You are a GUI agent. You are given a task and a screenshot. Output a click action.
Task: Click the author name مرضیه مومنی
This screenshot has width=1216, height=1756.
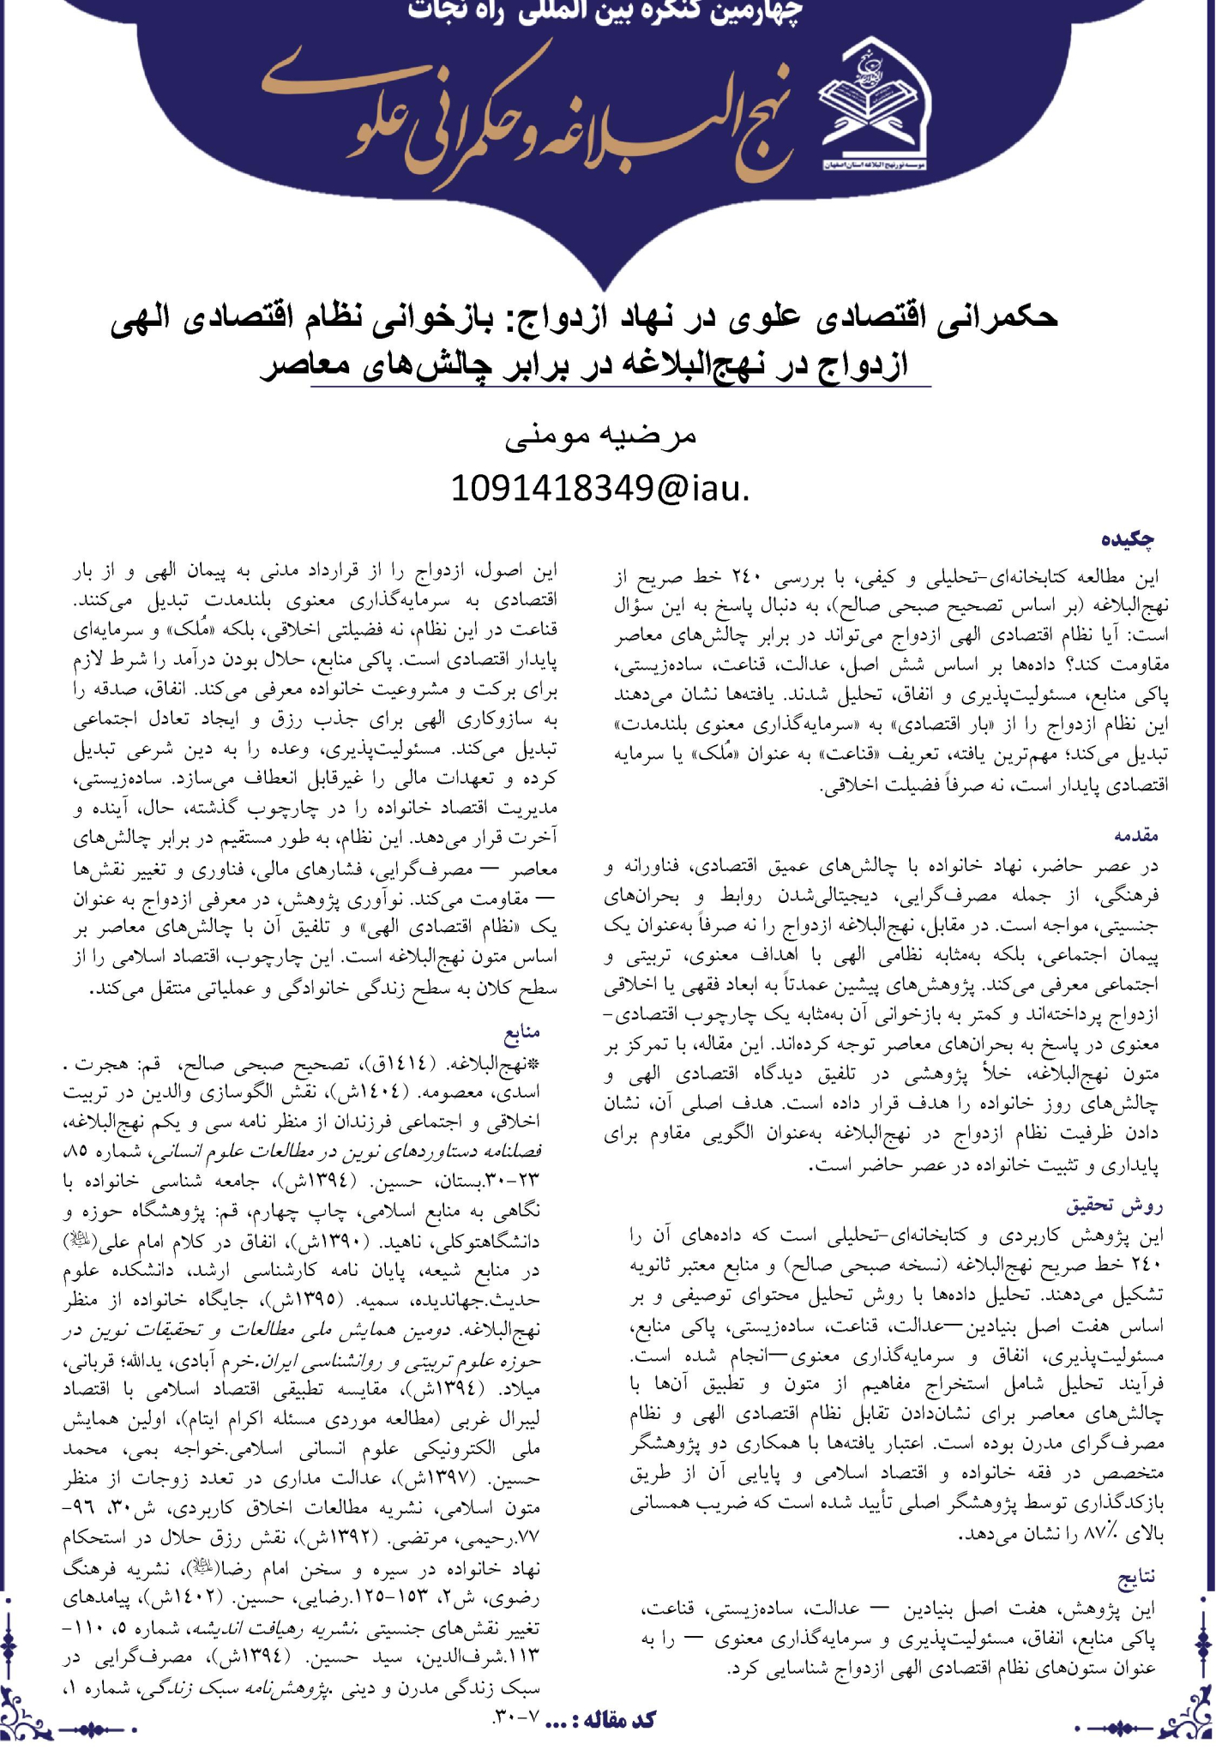[x=601, y=435]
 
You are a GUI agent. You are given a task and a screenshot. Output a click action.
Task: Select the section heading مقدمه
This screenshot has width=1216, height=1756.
[x=1136, y=834]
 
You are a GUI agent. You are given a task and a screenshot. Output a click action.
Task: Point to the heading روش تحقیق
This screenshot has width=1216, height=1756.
[x=1114, y=1206]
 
